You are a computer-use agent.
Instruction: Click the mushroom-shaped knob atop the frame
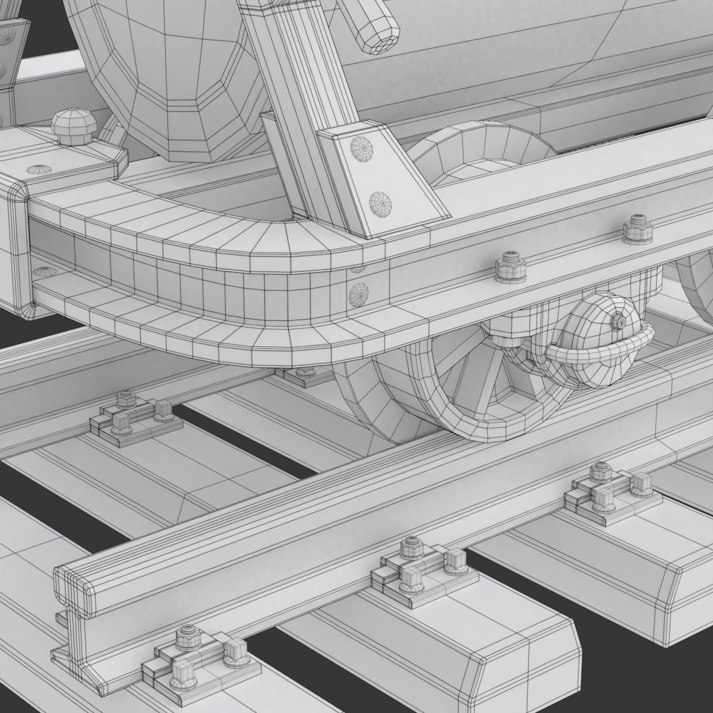71,125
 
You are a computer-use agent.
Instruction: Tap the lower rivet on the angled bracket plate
380,204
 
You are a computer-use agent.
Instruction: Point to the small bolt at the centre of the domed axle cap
620,321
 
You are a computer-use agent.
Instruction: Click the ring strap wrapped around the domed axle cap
600,353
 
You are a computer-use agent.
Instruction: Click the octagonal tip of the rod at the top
378,33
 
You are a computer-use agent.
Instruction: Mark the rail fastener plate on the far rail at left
134,416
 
